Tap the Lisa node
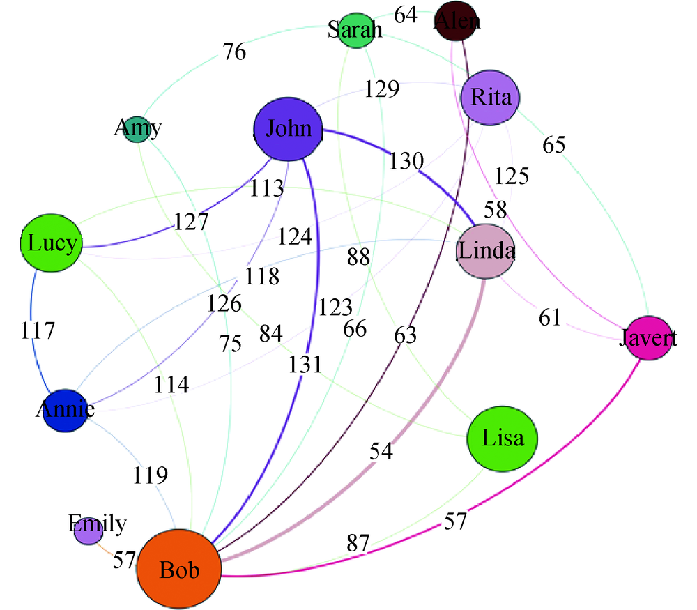point(502,437)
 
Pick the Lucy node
point(52,244)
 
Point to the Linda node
point(485,252)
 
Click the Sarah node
point(356,31)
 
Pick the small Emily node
point(89,533)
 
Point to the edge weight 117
point(38,330)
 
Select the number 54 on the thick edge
point(381,451)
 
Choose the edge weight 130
point(406,161)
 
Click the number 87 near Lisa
point(354,543)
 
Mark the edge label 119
point(151,475)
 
